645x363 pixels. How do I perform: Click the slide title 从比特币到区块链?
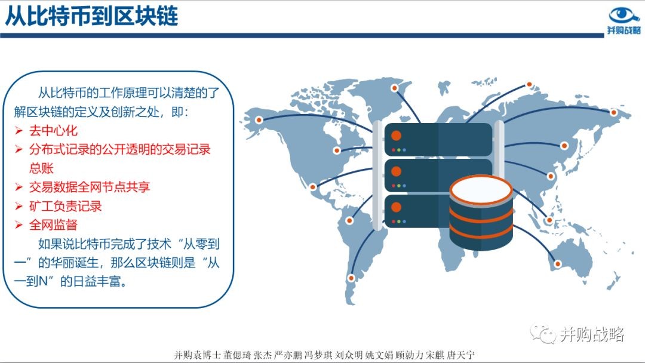coord(91,17)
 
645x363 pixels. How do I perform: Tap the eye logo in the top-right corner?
coord(623,16)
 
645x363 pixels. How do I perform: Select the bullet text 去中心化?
coord(53,131)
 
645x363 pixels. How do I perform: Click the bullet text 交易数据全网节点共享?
coord(89,187)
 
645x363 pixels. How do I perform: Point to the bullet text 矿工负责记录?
coord(65,206)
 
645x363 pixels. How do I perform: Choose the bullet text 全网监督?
coord(53,225)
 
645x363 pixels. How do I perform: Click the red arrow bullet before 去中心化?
coord(19,131)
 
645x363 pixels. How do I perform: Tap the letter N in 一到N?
coord(43,282)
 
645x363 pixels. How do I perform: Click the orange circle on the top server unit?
coord(396,136)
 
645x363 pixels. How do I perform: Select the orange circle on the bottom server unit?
coord(396,207)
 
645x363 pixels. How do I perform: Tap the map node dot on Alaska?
coord(259,120)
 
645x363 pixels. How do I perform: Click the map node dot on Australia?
coord(558,264)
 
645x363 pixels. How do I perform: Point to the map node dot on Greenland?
coord(395,88)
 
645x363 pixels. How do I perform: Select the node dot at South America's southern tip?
coord(351,278)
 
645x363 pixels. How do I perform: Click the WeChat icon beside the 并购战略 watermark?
coord(542,333)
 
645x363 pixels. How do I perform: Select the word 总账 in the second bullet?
coord(41,168)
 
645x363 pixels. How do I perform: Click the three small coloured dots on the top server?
coord(398,150)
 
